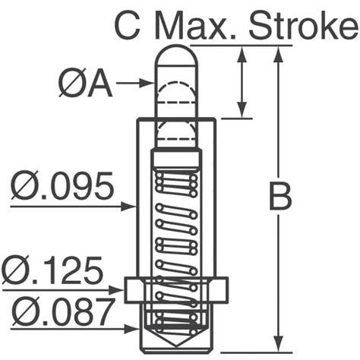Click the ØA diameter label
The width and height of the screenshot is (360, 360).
pyautogui.click(x=85, y=83)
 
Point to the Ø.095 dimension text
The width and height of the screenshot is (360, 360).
pyautogui.click(x=62, y=185)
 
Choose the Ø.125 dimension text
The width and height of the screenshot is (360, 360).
pyautogui.click(x=52, y=270)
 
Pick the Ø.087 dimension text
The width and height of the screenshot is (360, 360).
pyautogui.click(x=63, y=312)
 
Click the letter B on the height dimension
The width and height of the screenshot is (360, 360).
pyautogui.click(x=280, y=197)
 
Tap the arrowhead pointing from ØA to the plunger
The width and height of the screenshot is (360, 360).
pyautogui.click(x=147, y=83)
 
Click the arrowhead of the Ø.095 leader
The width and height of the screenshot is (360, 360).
pyautogui.click(x=129, y=207)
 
